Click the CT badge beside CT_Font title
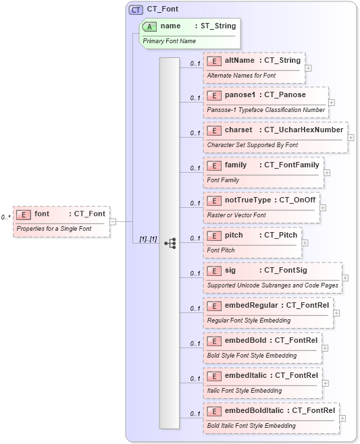coord(136,9)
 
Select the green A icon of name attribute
coord(151,26)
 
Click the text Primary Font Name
coord(170,41)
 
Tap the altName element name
coord(240,60)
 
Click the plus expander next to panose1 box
coord(332,103)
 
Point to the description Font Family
coord(223,180)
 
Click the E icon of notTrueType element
coord(214,200)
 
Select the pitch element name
coord(234,235)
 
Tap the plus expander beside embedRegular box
coord(336,313)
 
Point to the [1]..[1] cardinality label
coord(148,239)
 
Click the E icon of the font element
coord(24,214)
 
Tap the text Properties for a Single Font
coord(53,229)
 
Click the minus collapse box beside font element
coord(112,221)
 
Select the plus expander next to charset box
coord(351,138)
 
